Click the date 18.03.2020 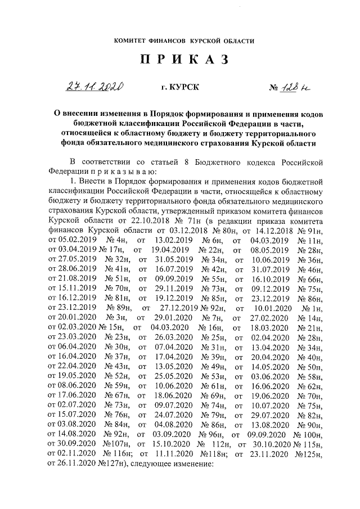point(267,327)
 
